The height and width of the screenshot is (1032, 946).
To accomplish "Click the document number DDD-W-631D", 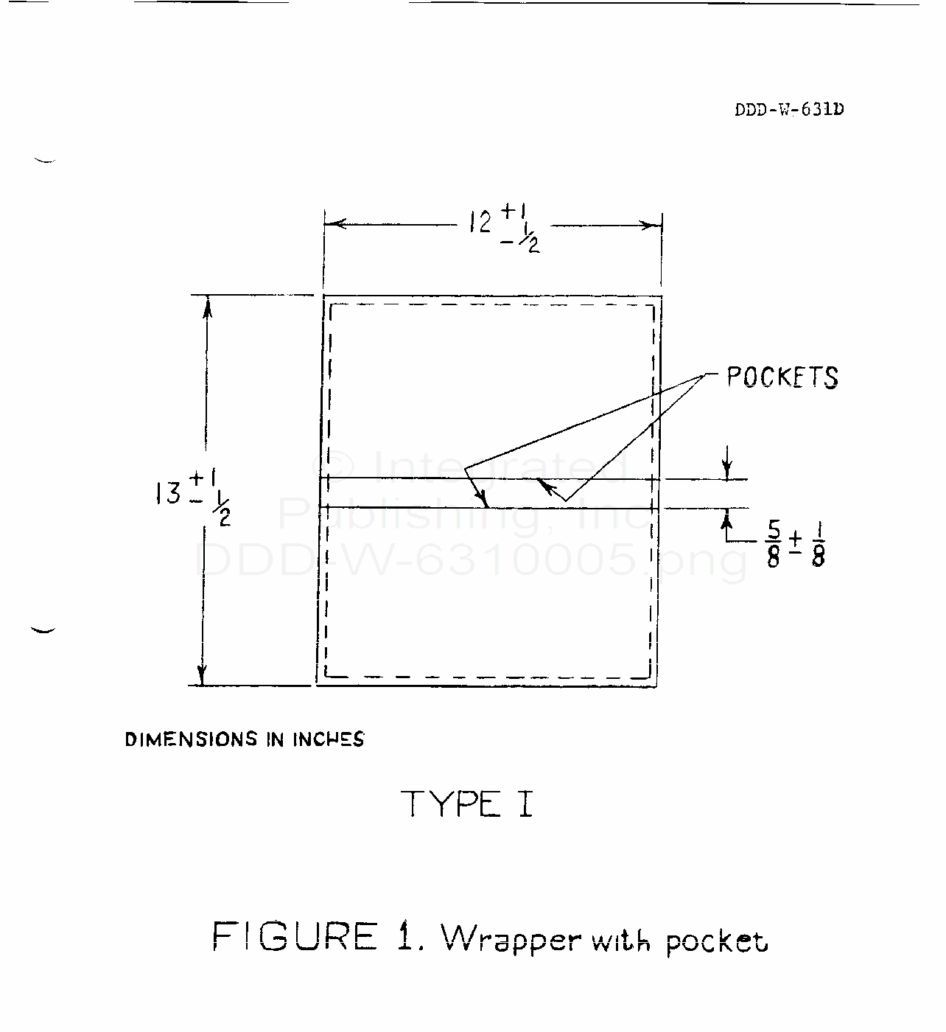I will point(789,110).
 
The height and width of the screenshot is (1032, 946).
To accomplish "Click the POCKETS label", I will point(782,377).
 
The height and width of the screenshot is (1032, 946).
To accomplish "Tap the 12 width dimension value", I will point(480,221).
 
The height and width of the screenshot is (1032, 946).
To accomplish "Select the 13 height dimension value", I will point(169,492).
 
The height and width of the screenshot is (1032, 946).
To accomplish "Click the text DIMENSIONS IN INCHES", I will point(245,739).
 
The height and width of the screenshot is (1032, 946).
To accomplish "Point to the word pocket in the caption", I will point(716,942).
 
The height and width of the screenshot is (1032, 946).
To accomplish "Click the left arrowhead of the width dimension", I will point(332,224).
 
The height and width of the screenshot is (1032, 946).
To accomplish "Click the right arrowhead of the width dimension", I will point(653,225).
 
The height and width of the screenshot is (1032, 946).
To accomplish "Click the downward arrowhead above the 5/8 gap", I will point(727,471).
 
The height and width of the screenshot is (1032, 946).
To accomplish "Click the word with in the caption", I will point(620,939).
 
